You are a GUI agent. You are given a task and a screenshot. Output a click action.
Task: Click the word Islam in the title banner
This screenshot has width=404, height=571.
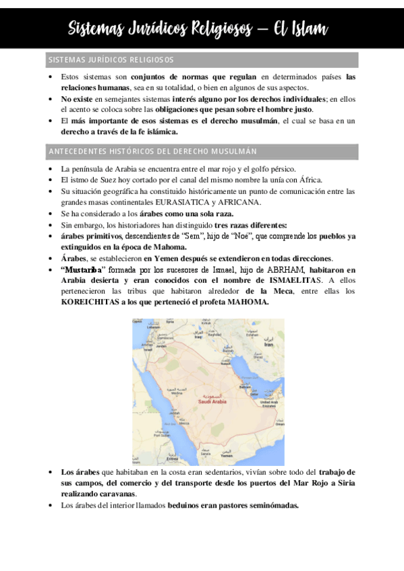point(304,28)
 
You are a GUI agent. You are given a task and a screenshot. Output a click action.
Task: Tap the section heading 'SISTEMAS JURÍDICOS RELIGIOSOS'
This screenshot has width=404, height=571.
point(111,60)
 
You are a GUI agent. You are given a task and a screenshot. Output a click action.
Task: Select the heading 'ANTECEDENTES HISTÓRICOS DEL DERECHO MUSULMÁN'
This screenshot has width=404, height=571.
point(152,151)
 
